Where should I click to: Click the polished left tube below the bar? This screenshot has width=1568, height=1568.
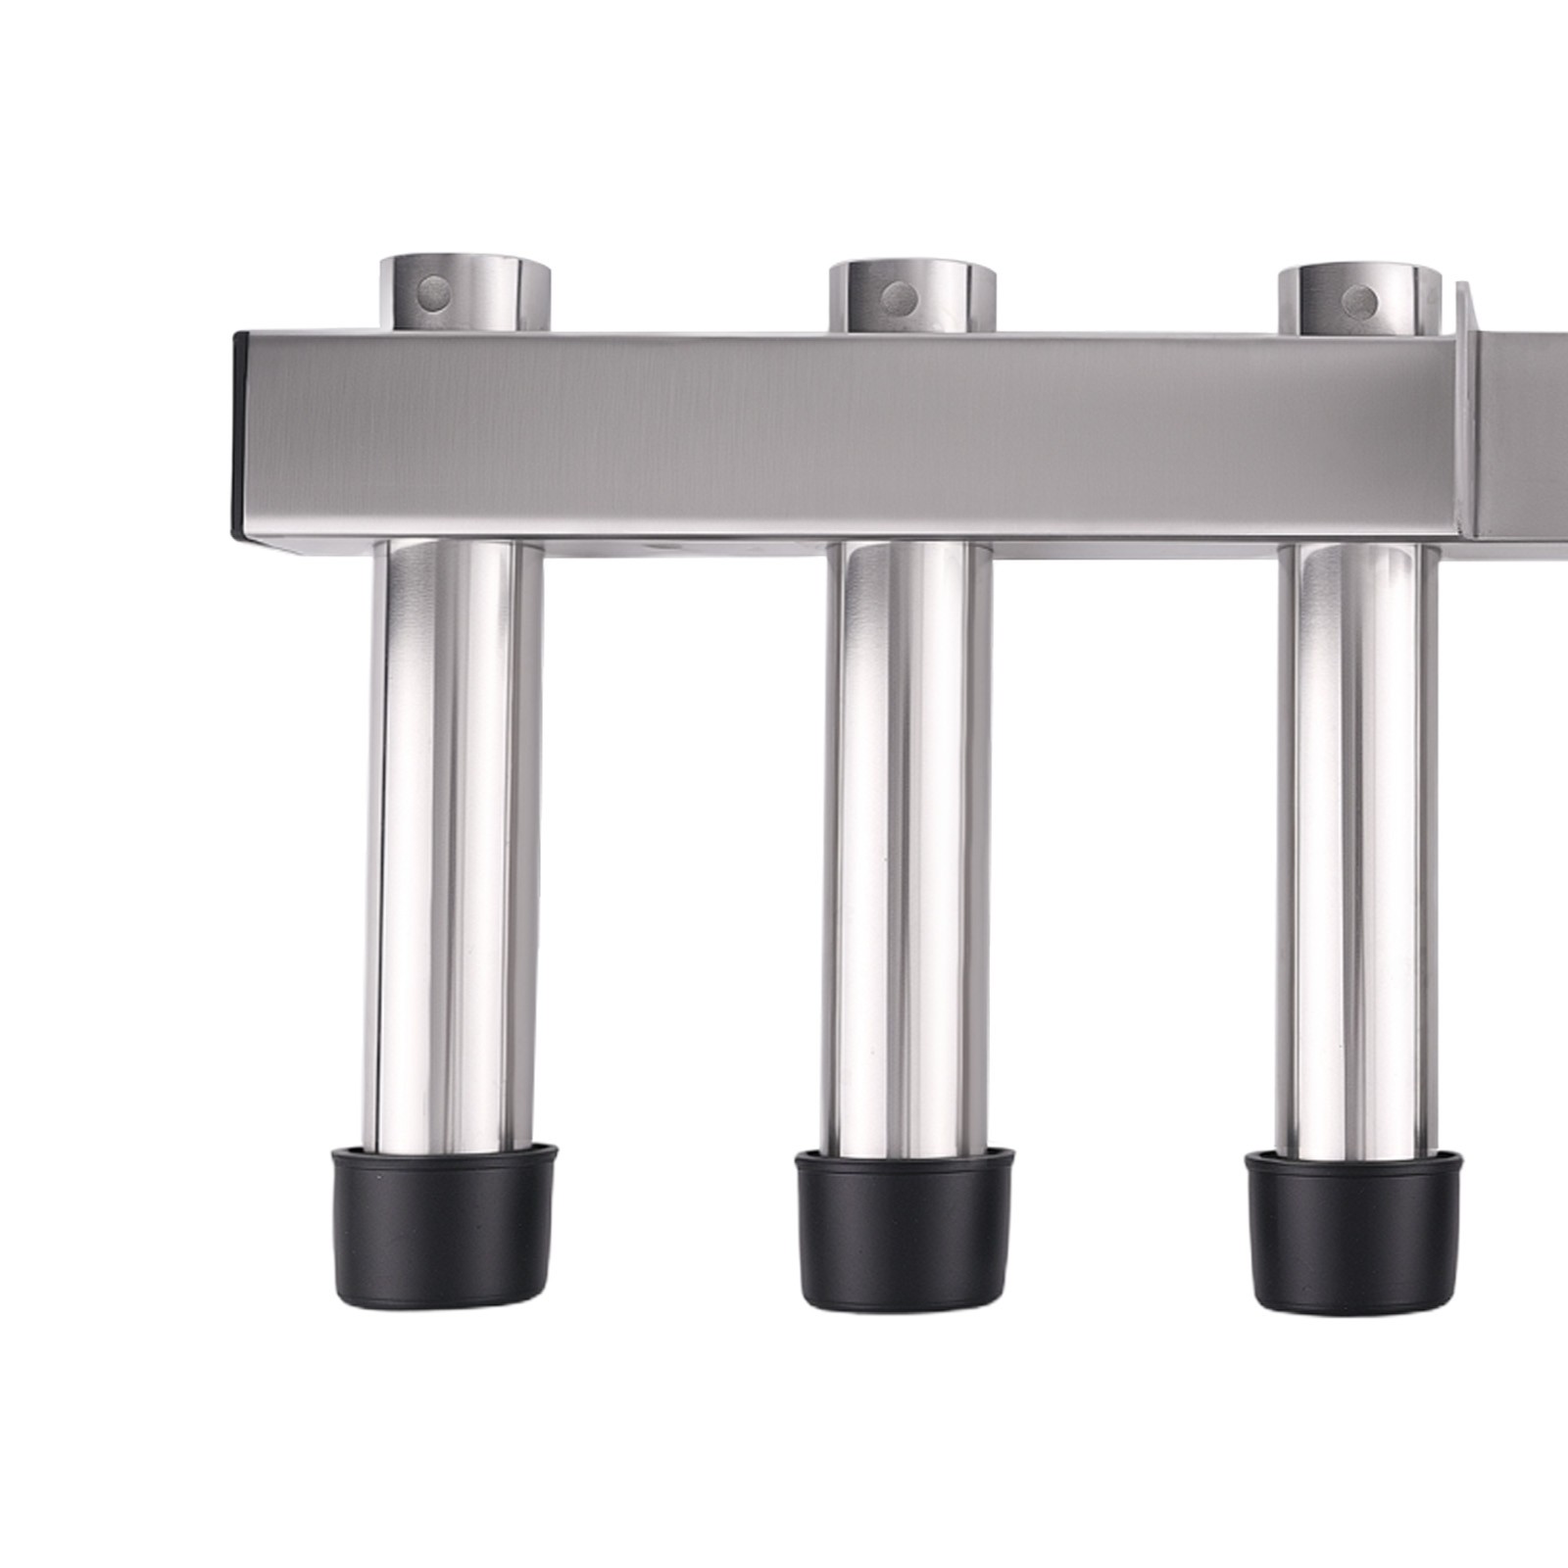tap(457, 843)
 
